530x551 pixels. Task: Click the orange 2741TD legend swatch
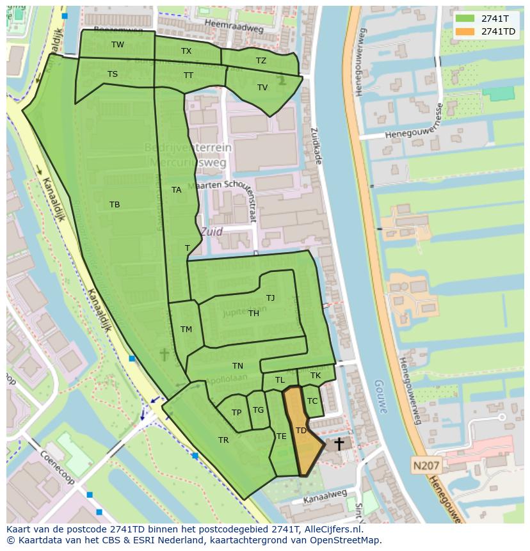465,32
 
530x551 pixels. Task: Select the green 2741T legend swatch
465,19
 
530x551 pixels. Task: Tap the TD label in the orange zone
301,431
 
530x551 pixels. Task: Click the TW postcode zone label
118,45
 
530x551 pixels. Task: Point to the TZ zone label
261,61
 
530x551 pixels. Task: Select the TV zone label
262,88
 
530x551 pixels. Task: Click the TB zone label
115,205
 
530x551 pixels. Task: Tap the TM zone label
186,330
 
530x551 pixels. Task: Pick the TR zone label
223,440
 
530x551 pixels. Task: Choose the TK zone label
316,376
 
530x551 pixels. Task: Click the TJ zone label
271,298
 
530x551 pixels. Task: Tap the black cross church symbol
339,443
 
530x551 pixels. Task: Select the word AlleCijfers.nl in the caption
332,530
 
